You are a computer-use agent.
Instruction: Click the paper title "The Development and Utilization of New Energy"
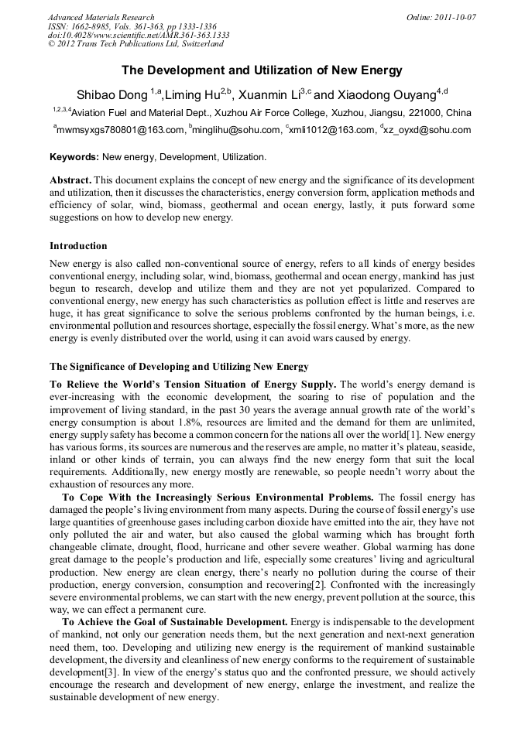tap(262, 70)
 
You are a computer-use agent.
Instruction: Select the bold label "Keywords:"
tap(74, 157)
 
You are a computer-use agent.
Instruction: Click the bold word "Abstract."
tap(71, 180)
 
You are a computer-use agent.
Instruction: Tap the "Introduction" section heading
tap(78, 246)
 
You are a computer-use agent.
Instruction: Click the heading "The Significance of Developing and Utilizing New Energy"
tap(179, 366)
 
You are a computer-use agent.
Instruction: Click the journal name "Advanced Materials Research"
tap(101, 17)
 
